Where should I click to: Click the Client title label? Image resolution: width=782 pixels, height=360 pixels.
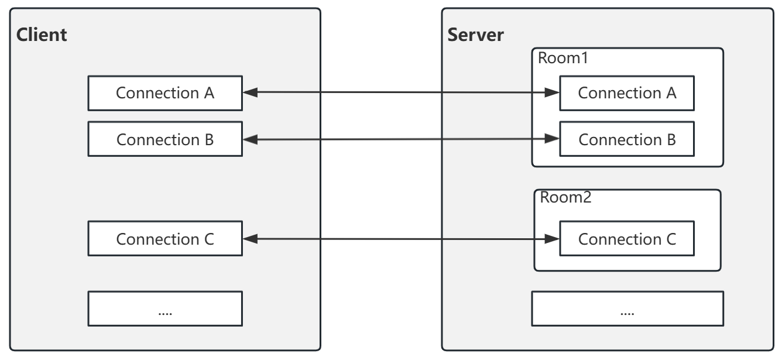[x=41, y=35]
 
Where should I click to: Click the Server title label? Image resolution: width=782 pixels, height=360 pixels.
[x=475, y=35]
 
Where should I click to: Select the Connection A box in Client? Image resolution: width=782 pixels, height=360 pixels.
[x=165, y=93]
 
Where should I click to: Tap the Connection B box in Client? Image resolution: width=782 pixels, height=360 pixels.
[x=165, y=140]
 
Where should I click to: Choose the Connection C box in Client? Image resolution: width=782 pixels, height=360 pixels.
[x=165, y=239]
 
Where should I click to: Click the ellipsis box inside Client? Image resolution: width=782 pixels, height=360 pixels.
[x=165, y=309]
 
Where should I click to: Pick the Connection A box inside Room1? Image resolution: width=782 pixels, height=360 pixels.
[x=627, y=93]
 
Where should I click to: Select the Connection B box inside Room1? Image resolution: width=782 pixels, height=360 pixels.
[x=627, y=140]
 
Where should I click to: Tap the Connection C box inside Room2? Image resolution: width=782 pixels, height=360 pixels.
[x=627, y=239]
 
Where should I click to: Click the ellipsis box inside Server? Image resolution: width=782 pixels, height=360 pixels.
[x=627, y=309]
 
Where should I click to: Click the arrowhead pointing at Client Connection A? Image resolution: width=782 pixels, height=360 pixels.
[x=249, y=92]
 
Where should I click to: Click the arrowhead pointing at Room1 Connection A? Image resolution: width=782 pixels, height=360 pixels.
[x=552, y=92]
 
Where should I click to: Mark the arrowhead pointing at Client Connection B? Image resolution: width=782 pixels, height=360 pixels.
[x=249, y=139]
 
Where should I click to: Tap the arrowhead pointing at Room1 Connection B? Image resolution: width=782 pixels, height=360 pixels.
[x=552, y=139]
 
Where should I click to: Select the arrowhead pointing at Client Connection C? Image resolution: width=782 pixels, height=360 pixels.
[x=249, y=238]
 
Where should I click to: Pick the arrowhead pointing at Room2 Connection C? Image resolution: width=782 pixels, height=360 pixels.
[x=552, y=238]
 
